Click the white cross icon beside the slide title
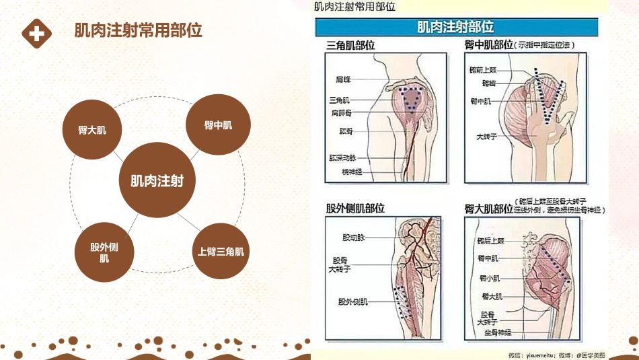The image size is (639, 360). pos(36,32)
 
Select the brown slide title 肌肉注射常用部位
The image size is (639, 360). pos(138,32)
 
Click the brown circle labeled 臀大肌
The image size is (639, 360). pos(92,129)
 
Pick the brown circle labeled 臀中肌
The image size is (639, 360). pos(218,125)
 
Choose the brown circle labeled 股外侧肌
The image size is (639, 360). pos(104,252)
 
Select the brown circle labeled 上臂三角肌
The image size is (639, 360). pos(221,252)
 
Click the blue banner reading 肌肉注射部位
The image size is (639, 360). pos(455,28)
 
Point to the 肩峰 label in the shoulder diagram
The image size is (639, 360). pos(344,79)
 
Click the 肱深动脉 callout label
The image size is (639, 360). pos(340,157)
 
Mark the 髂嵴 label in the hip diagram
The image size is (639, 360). pos(488,83)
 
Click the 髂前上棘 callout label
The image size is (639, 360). pos(484,69)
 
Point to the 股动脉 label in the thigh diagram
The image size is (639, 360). pos(352,237)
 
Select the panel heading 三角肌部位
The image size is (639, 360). pos(350,45)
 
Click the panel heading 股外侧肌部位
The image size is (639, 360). pos(355,209)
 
